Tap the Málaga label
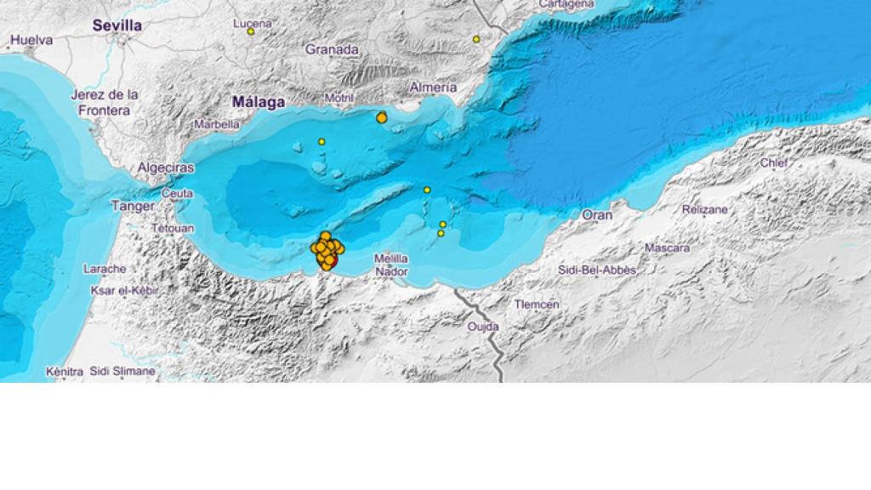pos(259,102)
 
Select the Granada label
pos(332,49)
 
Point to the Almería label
pos(433,87)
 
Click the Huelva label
pos(31,40)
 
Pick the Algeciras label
pos(166,168)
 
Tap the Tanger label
pos(133,206)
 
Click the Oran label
pos(597,215)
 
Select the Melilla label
pos(391,258)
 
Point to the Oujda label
pos(483,326)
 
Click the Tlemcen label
pos(537,305)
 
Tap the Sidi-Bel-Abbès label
pos(597,270)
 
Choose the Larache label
pos(105,269)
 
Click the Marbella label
pos(217,123)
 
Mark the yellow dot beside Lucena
pos(251,32)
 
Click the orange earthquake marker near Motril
pos(382,118)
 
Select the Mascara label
pos(667,248)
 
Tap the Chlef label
pos(774,162)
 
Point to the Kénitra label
pos(65,372)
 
